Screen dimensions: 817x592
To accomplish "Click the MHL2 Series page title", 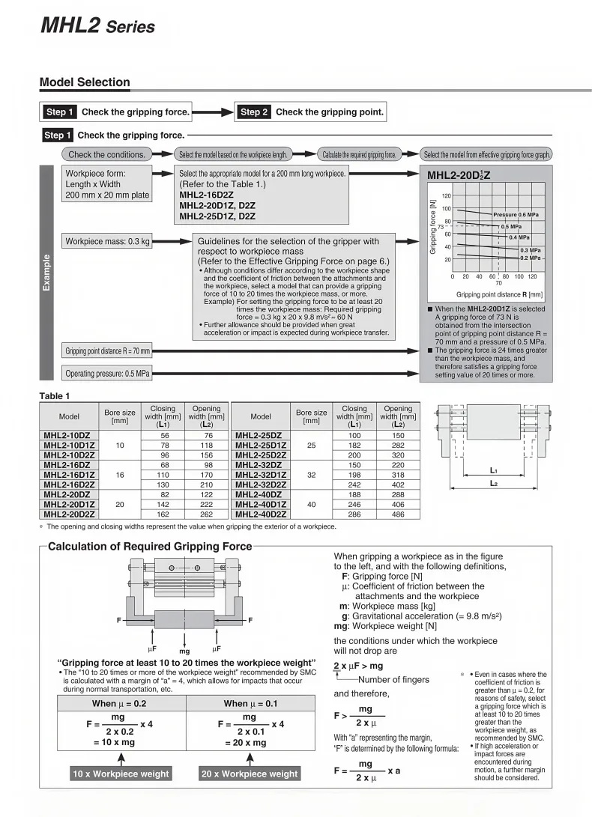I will pos(97,26).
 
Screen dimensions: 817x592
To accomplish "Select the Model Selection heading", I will pos(85,82).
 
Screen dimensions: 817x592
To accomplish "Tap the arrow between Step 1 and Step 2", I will pos(213,112).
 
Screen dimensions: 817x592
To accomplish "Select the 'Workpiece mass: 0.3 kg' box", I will pos(107,242).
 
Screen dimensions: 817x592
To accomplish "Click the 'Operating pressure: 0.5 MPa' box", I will pos(107,373).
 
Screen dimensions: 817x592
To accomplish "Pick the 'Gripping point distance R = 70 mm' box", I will pos(107,350).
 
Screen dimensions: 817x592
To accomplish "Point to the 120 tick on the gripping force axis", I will pos(446,195).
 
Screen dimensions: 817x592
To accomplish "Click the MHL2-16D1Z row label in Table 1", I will pos(69,475).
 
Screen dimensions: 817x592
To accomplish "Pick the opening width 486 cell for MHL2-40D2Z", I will pos(398,514).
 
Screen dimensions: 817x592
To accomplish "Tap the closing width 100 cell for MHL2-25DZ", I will pos(354,435).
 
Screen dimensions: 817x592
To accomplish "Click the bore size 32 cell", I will pos(311,475).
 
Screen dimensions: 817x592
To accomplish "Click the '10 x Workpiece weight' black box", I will pos(121,774).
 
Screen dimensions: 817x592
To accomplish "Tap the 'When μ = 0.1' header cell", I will pos(250,704).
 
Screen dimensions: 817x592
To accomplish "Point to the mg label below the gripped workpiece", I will pos(184,652).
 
